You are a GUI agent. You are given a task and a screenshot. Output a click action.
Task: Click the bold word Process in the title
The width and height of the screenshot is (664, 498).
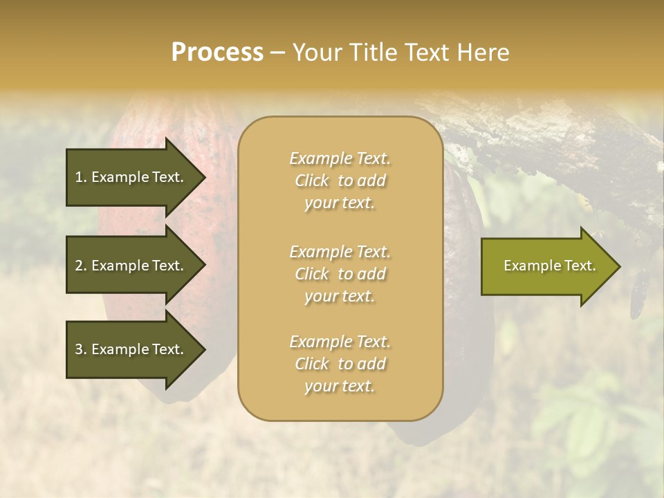pos(217,53)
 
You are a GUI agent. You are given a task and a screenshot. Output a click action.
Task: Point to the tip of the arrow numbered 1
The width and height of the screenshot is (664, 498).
pos(203,177)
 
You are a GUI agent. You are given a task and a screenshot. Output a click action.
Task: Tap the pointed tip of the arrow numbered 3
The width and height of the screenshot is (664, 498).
pos(203,350)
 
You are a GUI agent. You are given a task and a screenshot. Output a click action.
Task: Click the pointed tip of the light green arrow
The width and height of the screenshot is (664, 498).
pos(618,266)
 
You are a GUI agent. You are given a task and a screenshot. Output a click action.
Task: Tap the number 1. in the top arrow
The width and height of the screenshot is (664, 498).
pos(80,177)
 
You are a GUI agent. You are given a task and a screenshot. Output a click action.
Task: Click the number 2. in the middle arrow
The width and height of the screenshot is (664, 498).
pos(80,266)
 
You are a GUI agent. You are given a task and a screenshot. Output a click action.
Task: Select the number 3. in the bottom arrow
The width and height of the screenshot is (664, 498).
pos(80,350)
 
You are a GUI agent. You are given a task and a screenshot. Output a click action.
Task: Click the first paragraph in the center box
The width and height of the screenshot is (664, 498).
pos(340,181)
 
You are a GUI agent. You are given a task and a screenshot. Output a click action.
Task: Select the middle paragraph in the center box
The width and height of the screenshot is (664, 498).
pos(340,274)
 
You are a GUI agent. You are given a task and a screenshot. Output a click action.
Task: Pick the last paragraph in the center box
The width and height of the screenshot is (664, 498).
pos(340,364)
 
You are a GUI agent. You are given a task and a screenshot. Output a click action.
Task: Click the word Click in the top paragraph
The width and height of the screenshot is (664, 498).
pos(312,181)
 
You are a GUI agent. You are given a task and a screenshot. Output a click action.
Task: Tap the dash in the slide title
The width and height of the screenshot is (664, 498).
pos(277,53)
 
